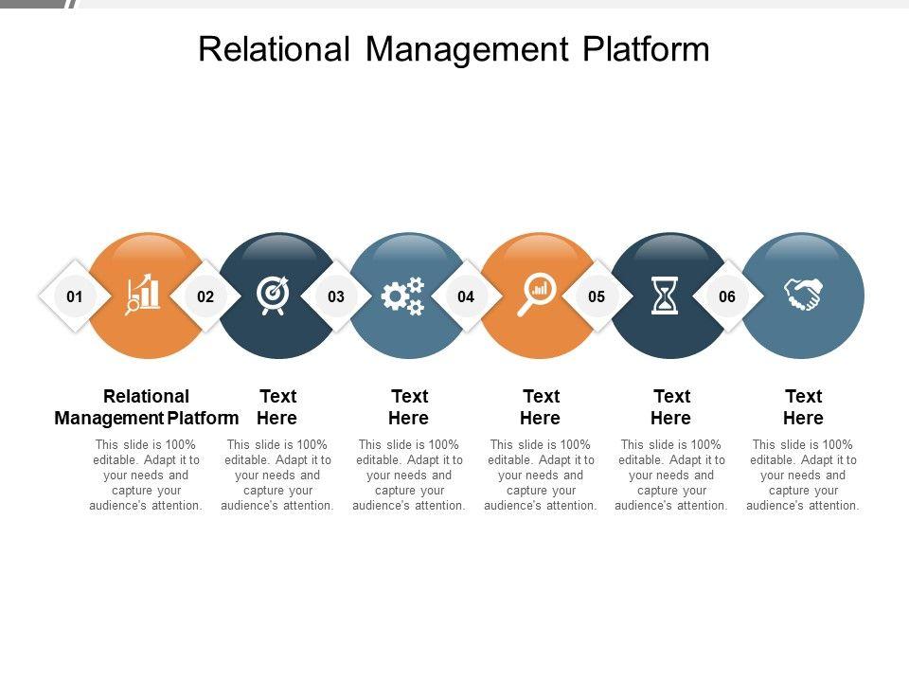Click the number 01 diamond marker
(75, 296)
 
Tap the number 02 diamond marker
(205, 296)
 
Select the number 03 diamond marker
(336, 296)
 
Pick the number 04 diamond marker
(466, 296)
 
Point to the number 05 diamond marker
(597, 296)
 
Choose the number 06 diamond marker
(727, 296)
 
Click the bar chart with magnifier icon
(144, 295)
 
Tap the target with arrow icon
(274, 295)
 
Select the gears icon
(402, 296)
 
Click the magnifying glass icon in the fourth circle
(537, 295)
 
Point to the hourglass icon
(666, 296)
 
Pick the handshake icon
(803, 295)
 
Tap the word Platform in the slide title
(645, 49)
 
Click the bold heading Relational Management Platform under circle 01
(147, 407)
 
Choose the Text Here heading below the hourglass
(671, 407)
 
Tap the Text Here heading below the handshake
(803, 407)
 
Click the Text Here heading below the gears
(409, 407)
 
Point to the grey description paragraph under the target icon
(277, 476)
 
